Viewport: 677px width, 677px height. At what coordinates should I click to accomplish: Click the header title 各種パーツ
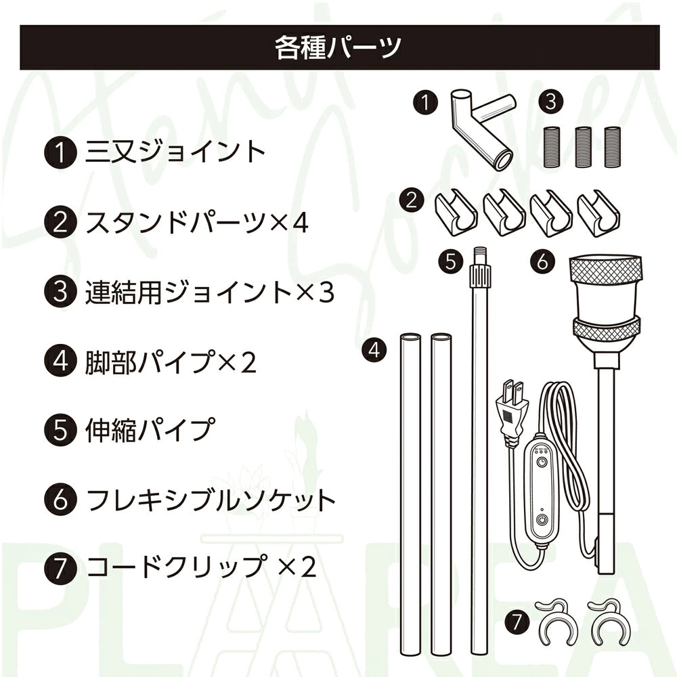coord(338,47)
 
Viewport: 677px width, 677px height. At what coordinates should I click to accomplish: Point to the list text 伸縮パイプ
coord(150,429)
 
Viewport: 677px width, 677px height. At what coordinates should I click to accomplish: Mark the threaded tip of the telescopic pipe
coord(480,256)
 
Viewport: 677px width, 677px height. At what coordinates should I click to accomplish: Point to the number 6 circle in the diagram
coord(542,262)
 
